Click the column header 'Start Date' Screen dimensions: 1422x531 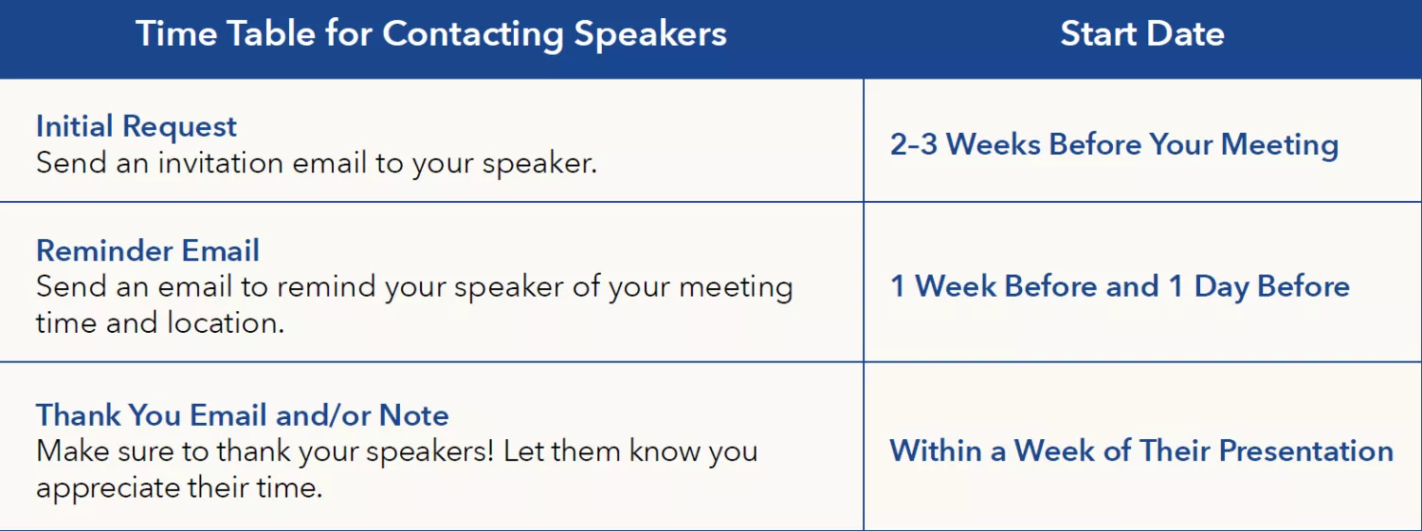pyautogui.click(x=1142, y=34)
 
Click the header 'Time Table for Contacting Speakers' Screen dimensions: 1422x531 pyautogui.click(x=431, y=34)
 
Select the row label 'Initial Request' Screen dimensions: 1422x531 pyautogui.click(x=137, y=126)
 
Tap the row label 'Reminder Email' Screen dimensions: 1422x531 pyautogui.click(x=148, y=250)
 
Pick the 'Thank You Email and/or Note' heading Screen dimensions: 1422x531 pyautogui.click(x=243, y=415)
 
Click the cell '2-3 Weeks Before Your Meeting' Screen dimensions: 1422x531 pyautogui.click(x=1114, y=145)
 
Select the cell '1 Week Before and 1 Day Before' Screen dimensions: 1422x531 pyautogui.click(x=1120, y=286)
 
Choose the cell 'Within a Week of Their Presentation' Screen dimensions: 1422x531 pyautogui.click(x=1141, y=451)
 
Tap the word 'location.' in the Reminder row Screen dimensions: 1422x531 pyautogui.click(x=226, y=322)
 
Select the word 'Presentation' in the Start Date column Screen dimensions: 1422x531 pyautogui.click(x=1306, y=451)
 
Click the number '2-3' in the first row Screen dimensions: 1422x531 pyautogui.click(x=914, y=145)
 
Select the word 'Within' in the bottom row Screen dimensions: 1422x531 pyautogui.click(x=934, y=451)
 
